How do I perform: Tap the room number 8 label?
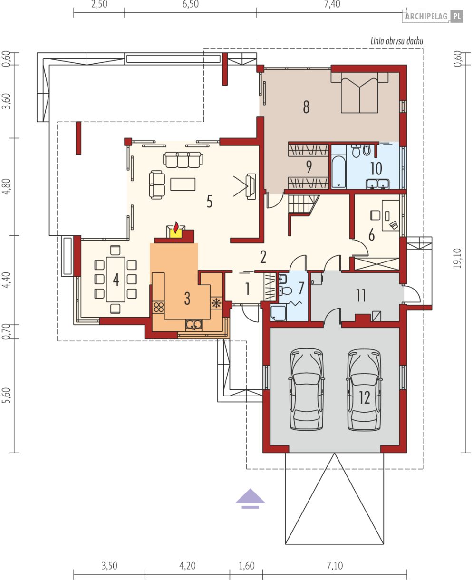(x=306, y=107)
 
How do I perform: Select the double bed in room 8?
(x=359, y=92)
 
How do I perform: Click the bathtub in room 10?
(x=338, y=172)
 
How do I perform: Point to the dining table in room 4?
(x=116, y=279)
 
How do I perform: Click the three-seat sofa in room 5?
(x=183, y=160)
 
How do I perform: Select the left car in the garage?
(x=306, y=389)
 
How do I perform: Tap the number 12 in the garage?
(x=364, y=397)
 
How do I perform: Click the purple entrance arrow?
(x=250, y=499)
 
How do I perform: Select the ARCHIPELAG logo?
(x=433, y=16)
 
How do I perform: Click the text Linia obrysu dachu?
(x=397, y=41)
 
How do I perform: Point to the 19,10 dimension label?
(x=458, y=258)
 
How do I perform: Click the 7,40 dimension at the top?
(x=332, y=4)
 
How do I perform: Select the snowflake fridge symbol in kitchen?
(x=216, y=303)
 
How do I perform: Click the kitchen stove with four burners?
(x=159, y=307)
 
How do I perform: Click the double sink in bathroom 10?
(x=377, y=184)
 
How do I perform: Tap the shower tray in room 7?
(x=278, y=313)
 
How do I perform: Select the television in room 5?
(x=251, y=186)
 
